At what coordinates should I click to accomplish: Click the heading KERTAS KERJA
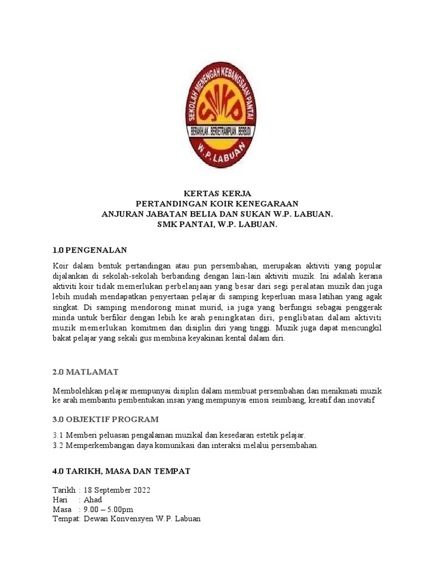[x=217, y=194]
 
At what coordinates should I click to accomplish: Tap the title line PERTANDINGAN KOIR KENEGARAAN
[x=217, y=204]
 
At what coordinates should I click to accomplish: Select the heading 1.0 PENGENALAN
[x=90, y=250]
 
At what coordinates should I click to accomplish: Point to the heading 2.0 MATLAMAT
[x=86, y=372]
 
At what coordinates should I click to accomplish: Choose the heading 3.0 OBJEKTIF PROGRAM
[x=106, y=419]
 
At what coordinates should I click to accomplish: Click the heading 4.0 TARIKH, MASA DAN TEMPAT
[x=121, y=471]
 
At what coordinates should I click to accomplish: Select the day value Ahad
[x=93, y=500]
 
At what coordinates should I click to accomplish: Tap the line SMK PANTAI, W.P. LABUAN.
[x=217, y=225]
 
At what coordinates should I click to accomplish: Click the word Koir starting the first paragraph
[x=61, y=266]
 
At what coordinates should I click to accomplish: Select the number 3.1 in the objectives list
[x=58, y=435]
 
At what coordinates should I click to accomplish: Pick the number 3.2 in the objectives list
[x=58, y=445]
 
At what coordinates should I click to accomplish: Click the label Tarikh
[x=64, y=490]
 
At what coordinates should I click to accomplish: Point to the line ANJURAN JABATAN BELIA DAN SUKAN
[x=217, y=215]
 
